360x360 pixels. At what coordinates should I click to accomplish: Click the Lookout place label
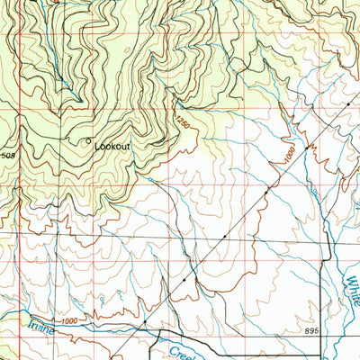tap(112, 145)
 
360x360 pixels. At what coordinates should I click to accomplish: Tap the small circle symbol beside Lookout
tap(87, 141)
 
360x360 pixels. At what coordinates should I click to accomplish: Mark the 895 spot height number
tap(311, 332)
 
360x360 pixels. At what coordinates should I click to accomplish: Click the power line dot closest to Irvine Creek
tap(144, 320)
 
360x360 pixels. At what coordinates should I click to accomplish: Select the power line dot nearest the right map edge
tap(348, 105)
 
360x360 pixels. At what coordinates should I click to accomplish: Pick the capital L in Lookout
tap(96, 145)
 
